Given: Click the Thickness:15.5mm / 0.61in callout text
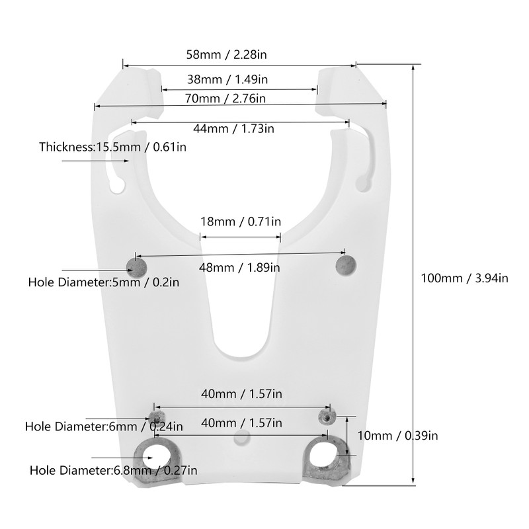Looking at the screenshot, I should (x=112, y=147).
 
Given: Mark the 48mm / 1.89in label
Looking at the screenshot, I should (x=239, y=268).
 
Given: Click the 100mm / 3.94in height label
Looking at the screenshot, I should (x=465, y=278).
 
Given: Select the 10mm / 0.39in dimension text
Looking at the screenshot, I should (x=397, y=435).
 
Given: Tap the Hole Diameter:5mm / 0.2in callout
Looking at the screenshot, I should (x=104, y=282).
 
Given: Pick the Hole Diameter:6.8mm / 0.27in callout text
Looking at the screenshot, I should (x=113, y=471).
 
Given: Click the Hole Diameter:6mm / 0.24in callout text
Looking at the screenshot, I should (x=104, y=427).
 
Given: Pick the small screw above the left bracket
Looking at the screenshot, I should (x=157, y=416).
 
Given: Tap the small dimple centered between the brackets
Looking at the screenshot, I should (x=242, y=437).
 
